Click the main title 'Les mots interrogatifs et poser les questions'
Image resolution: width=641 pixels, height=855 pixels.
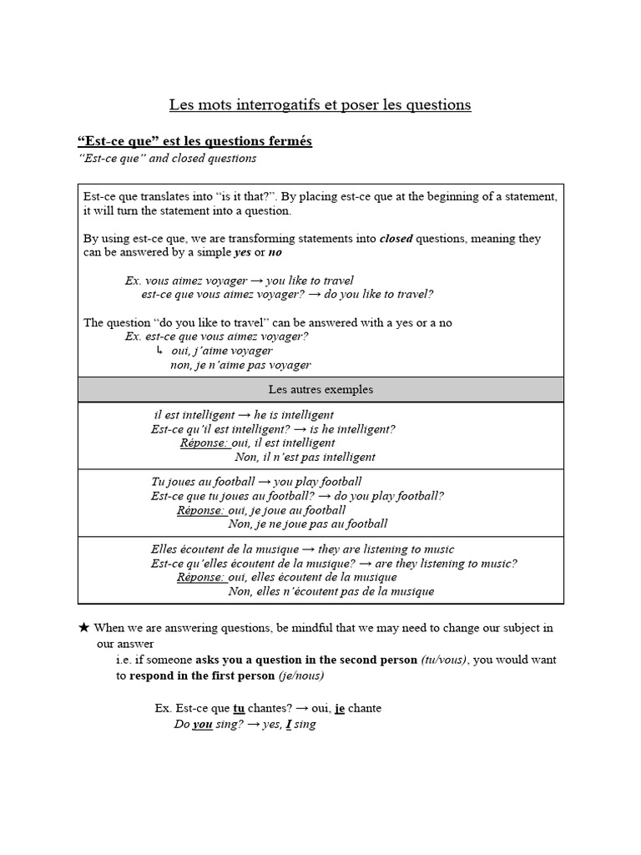coord(320,105)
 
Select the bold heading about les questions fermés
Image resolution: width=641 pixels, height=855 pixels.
coord(194,141)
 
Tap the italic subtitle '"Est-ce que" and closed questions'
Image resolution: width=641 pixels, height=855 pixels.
coord(166,158)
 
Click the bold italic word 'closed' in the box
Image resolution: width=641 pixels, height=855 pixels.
coord(396,238)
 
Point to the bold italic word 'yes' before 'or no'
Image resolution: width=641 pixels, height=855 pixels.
coord(242,252)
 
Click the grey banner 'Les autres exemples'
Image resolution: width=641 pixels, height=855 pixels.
coord(320,389)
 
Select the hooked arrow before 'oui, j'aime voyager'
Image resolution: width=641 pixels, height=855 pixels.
coord(159,350)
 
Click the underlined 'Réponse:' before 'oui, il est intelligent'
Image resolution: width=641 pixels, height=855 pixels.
coord(204,443)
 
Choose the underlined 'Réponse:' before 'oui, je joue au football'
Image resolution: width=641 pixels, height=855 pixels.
coord(201,510)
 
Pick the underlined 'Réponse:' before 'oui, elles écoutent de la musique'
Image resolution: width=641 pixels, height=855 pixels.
coord(201,577)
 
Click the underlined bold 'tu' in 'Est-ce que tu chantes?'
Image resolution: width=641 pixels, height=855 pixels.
coord(239,708)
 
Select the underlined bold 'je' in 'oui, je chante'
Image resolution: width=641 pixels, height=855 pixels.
coord(340,708)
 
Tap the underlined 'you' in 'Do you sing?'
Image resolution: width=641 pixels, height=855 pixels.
coord(203,725)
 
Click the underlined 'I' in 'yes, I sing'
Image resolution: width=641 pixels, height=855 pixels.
coord(288,725)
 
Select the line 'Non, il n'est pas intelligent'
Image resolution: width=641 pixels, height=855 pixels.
coord(305,457)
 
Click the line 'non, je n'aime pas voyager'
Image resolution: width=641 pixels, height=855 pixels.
coord(240,365)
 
